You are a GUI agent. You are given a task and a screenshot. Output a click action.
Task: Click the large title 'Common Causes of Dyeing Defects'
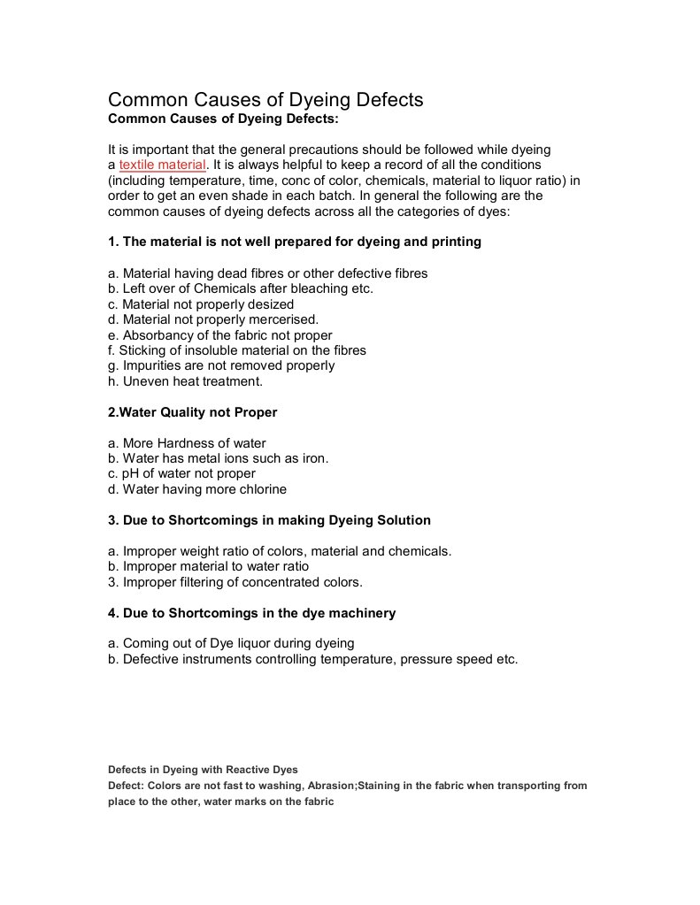pyautogui.click(x=265, y=99)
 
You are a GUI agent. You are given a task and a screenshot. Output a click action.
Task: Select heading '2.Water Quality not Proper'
pyautogui.click(x=192, y=412)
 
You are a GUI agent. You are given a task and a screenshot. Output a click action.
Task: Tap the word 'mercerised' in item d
pyautogui.click(x=284, y=319)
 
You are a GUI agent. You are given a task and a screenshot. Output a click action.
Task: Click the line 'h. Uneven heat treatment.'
pyautogui.click(x=185, y=381)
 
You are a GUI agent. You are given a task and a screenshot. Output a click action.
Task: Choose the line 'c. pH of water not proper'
pyautogui.click(x=181, y=473)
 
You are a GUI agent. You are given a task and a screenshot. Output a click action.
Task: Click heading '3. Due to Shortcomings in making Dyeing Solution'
pyautogui.click(x=269, y=520)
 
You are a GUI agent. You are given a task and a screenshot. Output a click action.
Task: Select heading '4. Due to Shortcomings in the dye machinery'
pyautogui.click(x=251, y=613)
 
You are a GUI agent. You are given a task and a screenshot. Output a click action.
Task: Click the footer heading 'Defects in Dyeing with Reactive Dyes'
pyautogui.click(x=203, y=770)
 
